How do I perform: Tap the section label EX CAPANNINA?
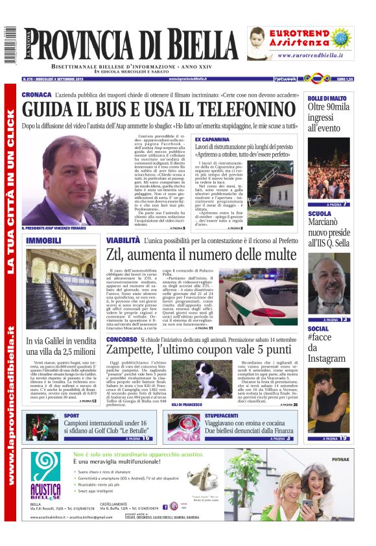point(211,139)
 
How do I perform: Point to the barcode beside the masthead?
point(10,45)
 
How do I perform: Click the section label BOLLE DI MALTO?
point(327,97)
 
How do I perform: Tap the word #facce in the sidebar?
point(320,338)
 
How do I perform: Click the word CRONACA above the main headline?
point(36,95)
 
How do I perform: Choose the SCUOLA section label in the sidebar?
point(319,213)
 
